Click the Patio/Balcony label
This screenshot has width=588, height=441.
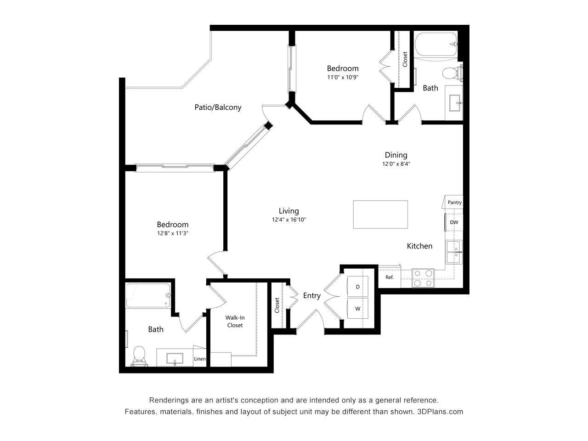point(218,107)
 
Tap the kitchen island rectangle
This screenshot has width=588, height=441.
point(380,215)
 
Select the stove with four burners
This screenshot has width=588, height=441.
point(423,278)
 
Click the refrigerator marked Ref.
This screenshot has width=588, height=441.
point(389,277)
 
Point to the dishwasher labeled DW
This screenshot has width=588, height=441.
point(454,222)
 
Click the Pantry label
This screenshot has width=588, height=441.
point(454,202)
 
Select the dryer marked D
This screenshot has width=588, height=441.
point(357,287)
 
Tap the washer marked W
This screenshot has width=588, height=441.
point(357,309)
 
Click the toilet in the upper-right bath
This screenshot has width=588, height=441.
point(451,73)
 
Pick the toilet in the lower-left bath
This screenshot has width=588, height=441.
point(139,356)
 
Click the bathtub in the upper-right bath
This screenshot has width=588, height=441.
point(436,45)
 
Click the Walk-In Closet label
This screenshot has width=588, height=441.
point(234,321)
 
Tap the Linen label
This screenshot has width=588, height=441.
point(200,359)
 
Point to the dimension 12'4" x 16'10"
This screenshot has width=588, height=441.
point(288,220)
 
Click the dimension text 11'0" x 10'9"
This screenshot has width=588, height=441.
point(342,78)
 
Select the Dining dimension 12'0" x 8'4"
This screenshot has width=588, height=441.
point(396,164)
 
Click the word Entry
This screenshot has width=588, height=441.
point(311,296)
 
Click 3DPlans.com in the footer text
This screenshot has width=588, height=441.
point(440,412)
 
